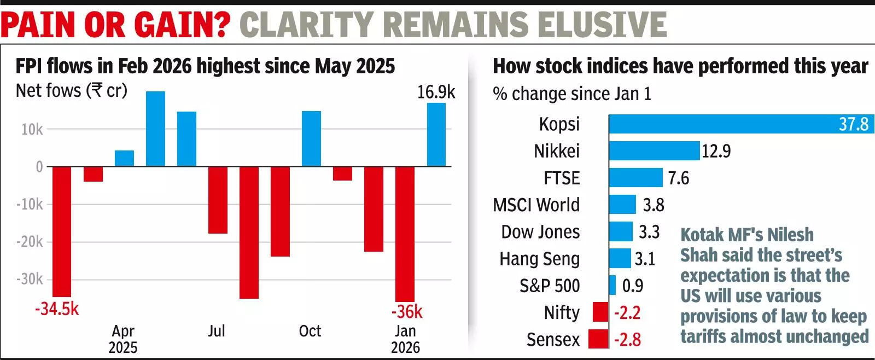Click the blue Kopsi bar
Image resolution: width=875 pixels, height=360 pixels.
[x=741, y=124]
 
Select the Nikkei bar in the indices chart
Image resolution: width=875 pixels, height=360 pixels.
[x=654, y=150]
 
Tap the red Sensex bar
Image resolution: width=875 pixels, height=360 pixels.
[x=598, y=339]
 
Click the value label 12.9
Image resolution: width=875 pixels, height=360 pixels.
[x=716, y=151]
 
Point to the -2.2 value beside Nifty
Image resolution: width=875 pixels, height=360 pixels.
[x=627, y=313]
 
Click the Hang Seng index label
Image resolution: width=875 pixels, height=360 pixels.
[x=539, y=259]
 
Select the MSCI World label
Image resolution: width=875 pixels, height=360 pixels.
[x=536, y=205]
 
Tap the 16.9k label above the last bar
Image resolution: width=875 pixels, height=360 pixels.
[x=435, y=92]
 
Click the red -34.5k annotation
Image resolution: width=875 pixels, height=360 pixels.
[x=57, y=309]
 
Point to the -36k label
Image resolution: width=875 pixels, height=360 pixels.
[x=406, y=312]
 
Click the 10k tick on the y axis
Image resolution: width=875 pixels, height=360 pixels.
[x=32, y=130]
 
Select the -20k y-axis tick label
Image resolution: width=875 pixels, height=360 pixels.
[x=30, y=242]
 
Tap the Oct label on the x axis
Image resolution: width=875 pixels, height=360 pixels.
[x=310, y=331]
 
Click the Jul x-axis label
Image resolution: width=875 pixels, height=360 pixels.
[x=217, y=331]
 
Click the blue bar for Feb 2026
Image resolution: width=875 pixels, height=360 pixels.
[x=436, y=135]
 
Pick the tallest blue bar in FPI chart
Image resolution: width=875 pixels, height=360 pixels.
[x=155, y=129]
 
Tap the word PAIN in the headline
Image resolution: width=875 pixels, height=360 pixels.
[x=38, y=25]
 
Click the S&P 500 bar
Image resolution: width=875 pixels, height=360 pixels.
[x=612, y=286]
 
